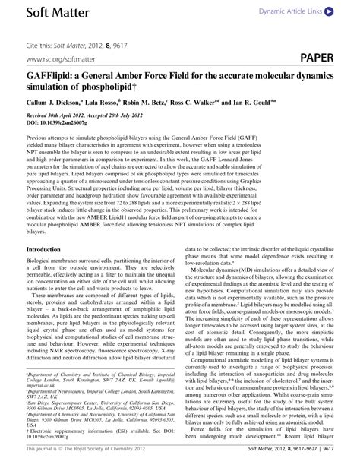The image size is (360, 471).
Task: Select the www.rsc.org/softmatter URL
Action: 62,58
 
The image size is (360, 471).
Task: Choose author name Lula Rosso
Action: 117,100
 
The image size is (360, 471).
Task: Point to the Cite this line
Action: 76,40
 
